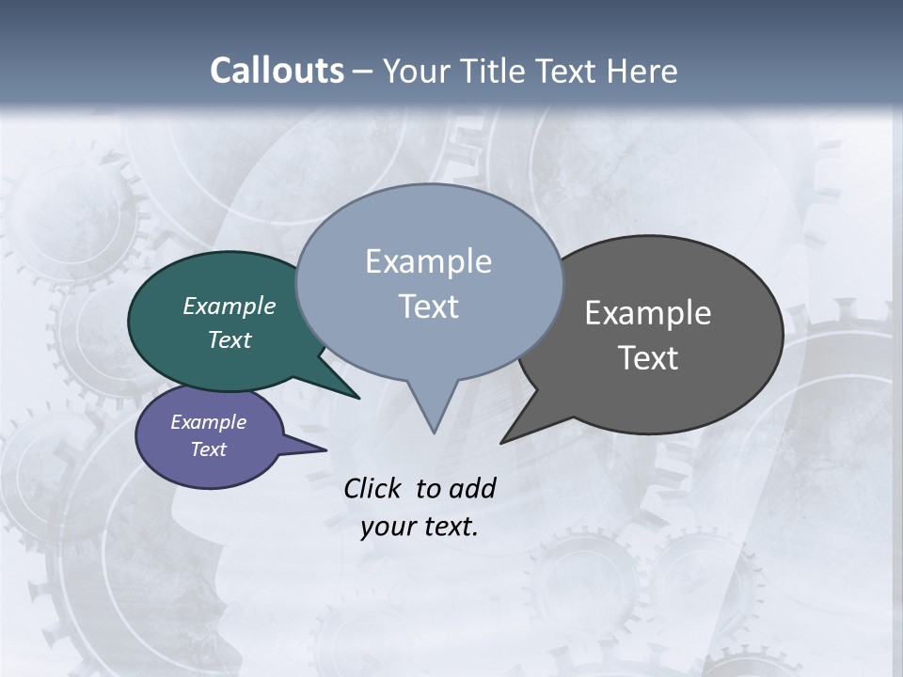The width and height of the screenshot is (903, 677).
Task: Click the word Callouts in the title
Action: [x=277, y=71]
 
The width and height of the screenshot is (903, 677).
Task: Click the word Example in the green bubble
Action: [x=229, y=307]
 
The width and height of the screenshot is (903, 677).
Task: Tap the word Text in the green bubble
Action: [x=229, y=340]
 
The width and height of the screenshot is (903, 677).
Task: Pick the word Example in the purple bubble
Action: [x=208, y=422]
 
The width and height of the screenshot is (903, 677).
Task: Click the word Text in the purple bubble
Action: [x=208, y=449]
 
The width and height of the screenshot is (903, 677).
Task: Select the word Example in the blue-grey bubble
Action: [x=428, y=261]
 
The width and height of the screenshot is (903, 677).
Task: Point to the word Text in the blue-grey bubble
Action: [x=428, y=307]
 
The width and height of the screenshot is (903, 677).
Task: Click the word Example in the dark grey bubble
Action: [x=648, y=313]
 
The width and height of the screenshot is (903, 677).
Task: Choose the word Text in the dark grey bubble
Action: [x=648, y=358]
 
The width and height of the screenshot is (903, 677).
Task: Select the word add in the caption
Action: [x=472, y=488]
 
